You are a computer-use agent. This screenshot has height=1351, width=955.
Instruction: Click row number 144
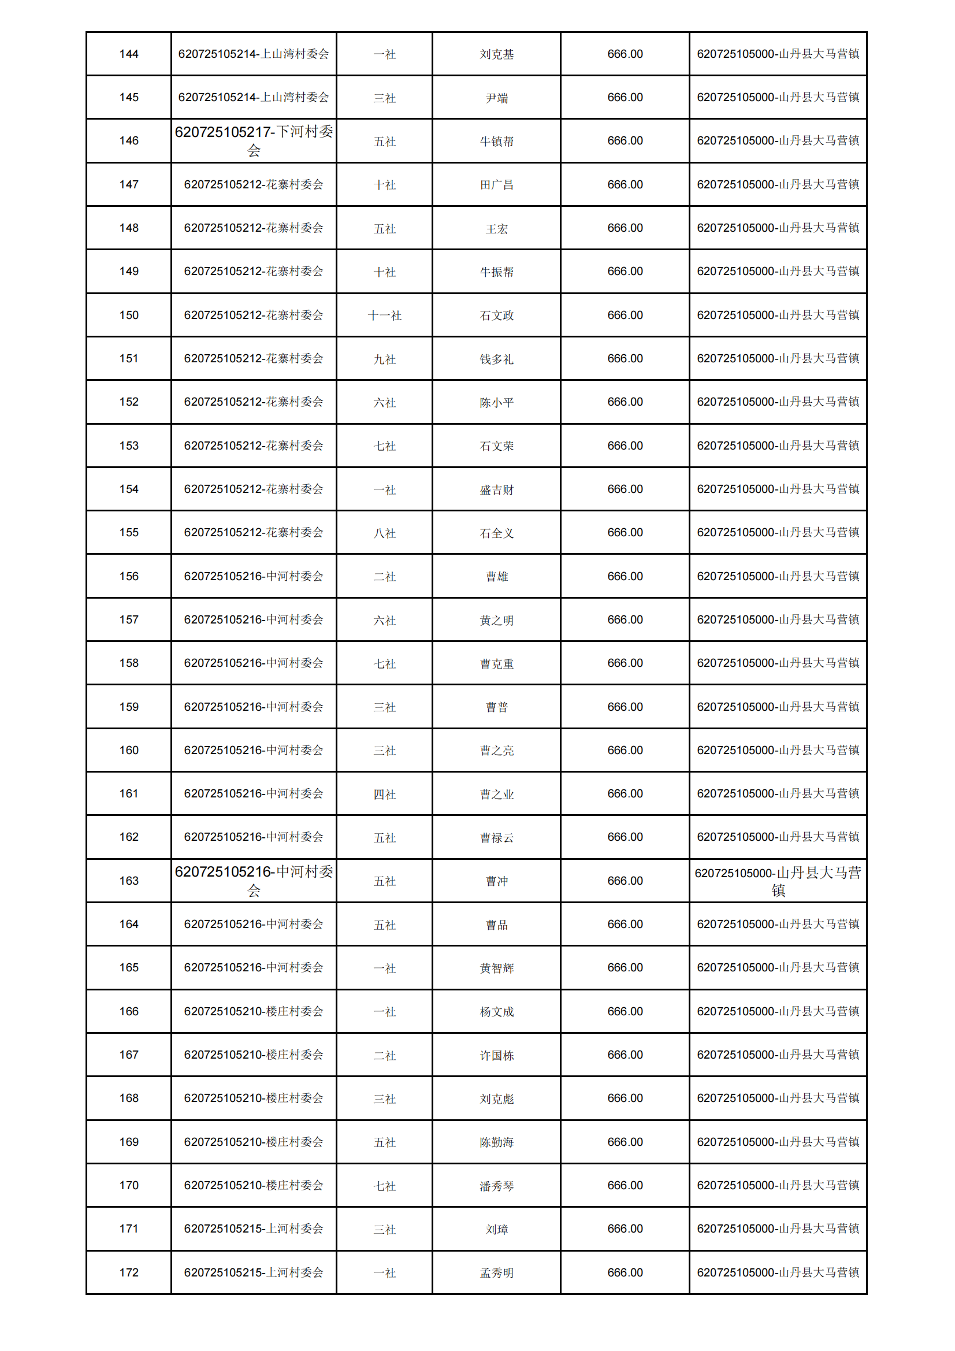click(x=129, y=54)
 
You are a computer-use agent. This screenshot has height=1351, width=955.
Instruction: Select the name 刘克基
click(x=497, y=55)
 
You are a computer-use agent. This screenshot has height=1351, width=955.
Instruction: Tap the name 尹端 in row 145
click(x=497, y=98)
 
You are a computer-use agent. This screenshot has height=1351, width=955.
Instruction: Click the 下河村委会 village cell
click(x=254, y=141)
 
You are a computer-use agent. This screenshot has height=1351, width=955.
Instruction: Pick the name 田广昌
click(x=497, y=185)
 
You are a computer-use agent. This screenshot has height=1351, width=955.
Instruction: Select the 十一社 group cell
click(x=384, y=316)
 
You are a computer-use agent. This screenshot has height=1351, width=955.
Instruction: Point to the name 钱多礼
click(x=497, y=359)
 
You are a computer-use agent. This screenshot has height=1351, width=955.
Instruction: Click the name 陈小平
click(x=497, y=403)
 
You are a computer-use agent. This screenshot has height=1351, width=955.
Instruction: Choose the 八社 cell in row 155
click(x=384, y=534)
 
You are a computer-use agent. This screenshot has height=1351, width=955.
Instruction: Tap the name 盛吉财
click(x=497, y=490)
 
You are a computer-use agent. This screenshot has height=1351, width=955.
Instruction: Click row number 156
click(x=129, y=577)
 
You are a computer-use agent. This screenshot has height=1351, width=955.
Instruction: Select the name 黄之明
click(x=497, y=621)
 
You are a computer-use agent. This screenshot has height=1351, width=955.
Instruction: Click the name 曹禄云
click(x=497, y=838)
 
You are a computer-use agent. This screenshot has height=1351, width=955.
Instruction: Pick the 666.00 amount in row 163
click(x=625, y=881)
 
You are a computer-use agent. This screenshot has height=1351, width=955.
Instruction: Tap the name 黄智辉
click(x=497, y=968)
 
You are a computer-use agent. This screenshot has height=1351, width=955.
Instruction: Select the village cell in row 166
click(x=254, y=1011)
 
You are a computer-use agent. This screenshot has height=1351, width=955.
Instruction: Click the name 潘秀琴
click(x=497, y=1186)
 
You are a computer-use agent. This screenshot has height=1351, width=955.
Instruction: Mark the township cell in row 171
click(x=778, y=1228)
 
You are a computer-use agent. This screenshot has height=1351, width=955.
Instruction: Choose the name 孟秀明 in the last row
click(x=497, y=1274)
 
